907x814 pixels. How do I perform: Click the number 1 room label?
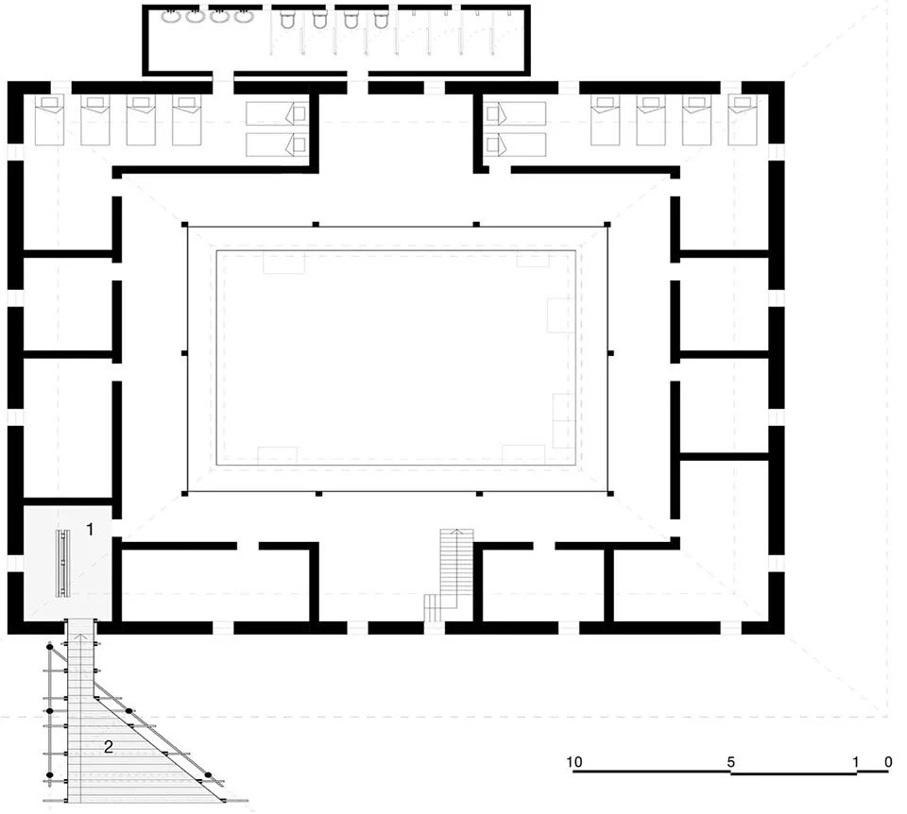[x=91, y=530]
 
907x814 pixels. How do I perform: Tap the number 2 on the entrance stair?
[x=109, y=747]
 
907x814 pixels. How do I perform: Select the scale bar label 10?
[x=573, y=761]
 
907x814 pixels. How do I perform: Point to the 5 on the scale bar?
[x=731, y=761]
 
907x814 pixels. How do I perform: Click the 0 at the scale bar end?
[x=887, y=761]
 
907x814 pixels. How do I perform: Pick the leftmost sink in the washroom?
[x=171, y=16]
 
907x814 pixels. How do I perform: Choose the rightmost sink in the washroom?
[x=245, y=16]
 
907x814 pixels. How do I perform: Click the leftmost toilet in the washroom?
[x=289, y=18]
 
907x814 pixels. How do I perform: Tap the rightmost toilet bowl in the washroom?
[x=381, y=18]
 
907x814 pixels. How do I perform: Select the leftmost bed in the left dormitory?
[x=49, y=120]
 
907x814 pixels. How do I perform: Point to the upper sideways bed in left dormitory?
[x=277, y=113]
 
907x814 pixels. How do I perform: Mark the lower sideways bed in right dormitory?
[x=516, y=144]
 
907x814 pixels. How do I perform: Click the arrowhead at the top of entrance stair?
[x=82, y=638]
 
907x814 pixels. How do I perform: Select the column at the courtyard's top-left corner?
[x=186, y=225]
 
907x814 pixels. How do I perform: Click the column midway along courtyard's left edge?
[x=186, y=353]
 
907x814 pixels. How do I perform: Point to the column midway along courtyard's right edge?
[x=610, y=353]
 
